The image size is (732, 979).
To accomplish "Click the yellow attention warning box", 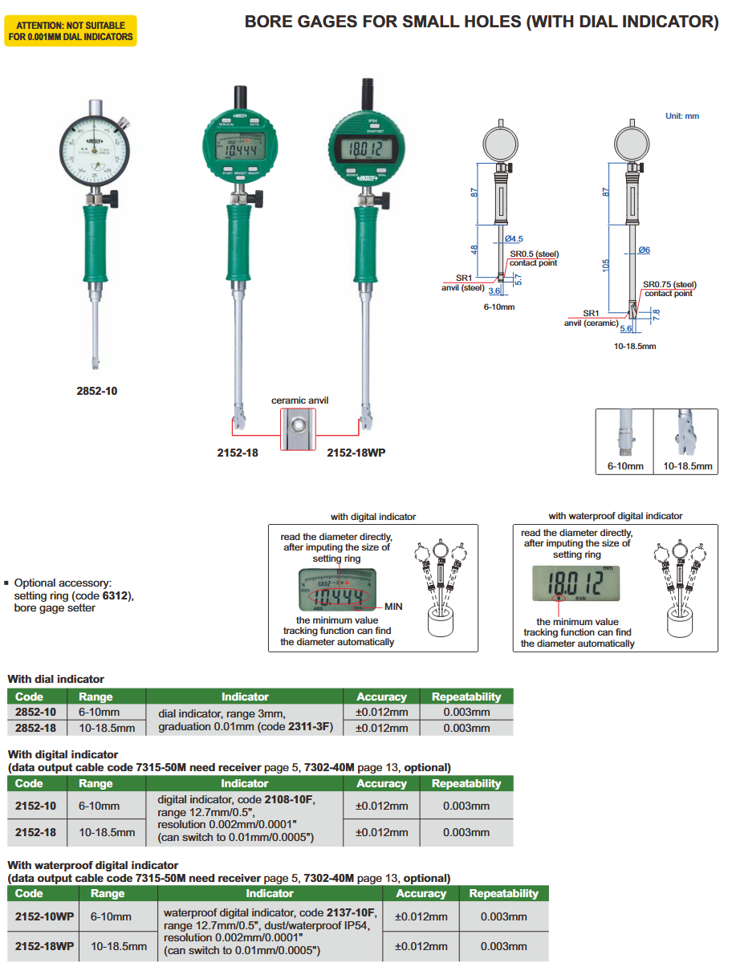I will [71, 31].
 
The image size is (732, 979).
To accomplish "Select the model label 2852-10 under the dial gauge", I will [96, 391].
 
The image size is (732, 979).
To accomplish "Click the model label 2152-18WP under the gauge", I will [356, 453].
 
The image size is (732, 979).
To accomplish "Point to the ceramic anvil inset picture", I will [298, 430].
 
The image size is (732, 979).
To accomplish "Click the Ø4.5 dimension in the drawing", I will [514, 239].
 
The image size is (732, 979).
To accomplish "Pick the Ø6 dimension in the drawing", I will [644, 250].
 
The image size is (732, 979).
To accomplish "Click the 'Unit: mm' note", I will [682, 116].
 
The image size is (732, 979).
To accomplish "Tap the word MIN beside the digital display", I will [393, 607].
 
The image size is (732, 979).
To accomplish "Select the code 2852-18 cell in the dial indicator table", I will [35, 727].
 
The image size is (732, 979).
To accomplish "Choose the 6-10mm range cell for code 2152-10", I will [99, 806].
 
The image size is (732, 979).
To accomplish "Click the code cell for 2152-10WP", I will [44, 916].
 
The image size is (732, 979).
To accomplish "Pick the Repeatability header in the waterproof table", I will [503, 893].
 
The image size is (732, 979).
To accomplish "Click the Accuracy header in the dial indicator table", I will [381, 697].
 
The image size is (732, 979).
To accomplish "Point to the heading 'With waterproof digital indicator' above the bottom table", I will [92, 865].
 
